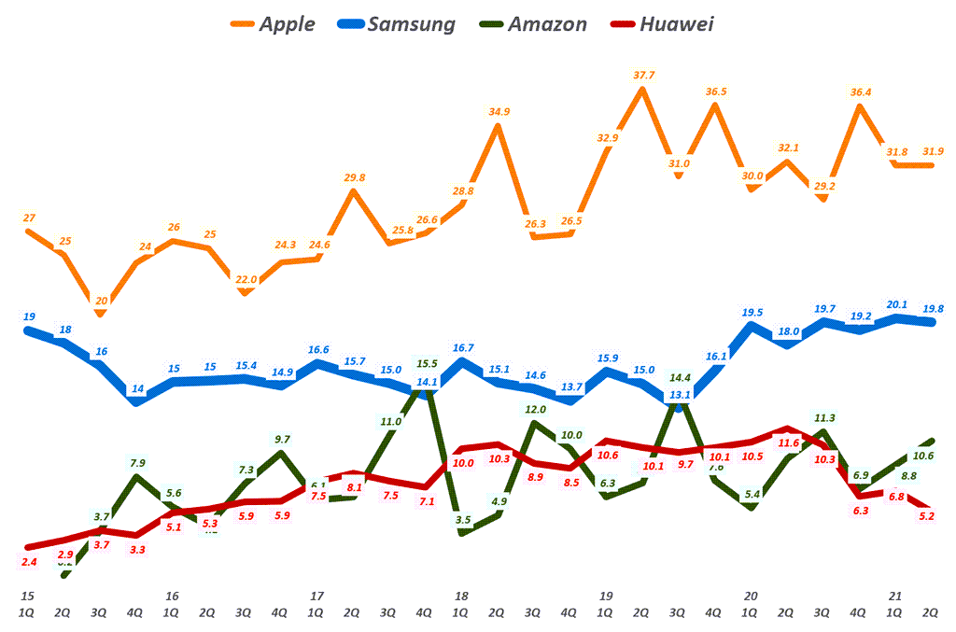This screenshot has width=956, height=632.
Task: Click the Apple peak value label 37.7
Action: (x=643, y=75)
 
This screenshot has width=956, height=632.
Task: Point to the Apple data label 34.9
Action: (x=499, y=112)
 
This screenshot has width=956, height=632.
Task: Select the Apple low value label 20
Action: (x=102, y=301)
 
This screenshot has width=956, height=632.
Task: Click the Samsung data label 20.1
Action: (x=896, y=303)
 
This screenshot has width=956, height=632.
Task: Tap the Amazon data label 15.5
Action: (x=427, y=363)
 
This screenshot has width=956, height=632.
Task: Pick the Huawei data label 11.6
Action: (x=788, y=443)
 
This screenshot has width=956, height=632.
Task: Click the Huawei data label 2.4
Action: (x=28, y=562)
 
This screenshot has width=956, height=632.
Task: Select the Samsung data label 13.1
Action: (x=679, y=396)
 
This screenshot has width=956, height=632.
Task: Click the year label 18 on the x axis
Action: (x=460, y=596)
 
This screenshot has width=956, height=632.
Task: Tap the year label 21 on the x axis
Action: (x=895, y=596)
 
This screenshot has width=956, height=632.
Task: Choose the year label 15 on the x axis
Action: (x=28, y=596)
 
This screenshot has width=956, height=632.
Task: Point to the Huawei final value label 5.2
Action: (x=925, y=515)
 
